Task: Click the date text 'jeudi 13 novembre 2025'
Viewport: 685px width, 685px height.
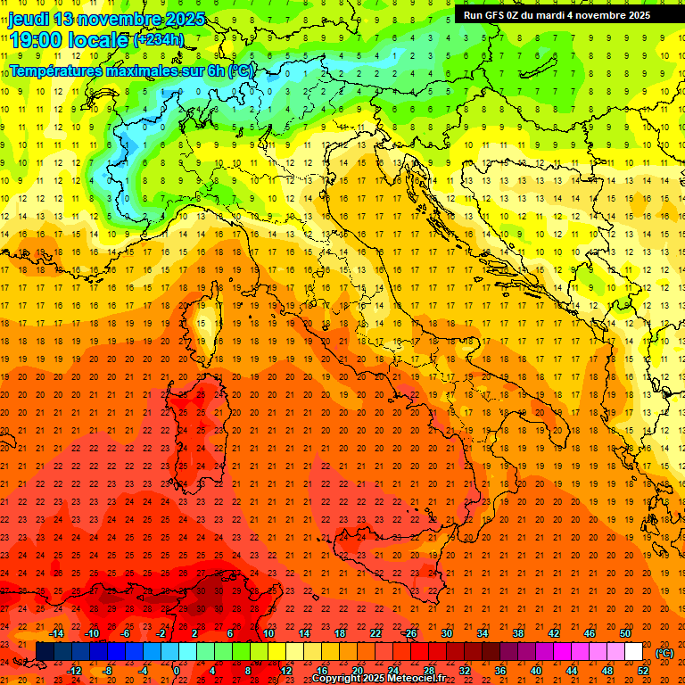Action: (x=107, y=19)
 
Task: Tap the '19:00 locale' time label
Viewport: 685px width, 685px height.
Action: (x=70, y=39)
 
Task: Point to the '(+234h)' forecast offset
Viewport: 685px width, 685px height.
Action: (x=159, y=39)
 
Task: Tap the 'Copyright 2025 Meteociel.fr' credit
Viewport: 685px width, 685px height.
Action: (x=378, y=678)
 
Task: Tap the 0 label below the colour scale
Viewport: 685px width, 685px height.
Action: (x=177, y=671)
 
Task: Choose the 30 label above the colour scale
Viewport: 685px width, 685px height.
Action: (x=447, y=633)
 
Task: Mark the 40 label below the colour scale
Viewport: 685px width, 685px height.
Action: (x=536, y=671)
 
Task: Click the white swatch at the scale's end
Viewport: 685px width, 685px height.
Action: (x=634, y=652)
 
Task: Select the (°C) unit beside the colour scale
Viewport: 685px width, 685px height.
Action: (x=664, y=653)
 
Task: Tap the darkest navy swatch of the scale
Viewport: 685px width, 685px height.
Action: (x=45, y=652)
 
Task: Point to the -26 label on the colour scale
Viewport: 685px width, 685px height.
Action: (x=409, y=633)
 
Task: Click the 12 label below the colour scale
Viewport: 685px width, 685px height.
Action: (x=286, y=671)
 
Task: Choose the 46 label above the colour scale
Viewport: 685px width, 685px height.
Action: (x=590, y=633)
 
